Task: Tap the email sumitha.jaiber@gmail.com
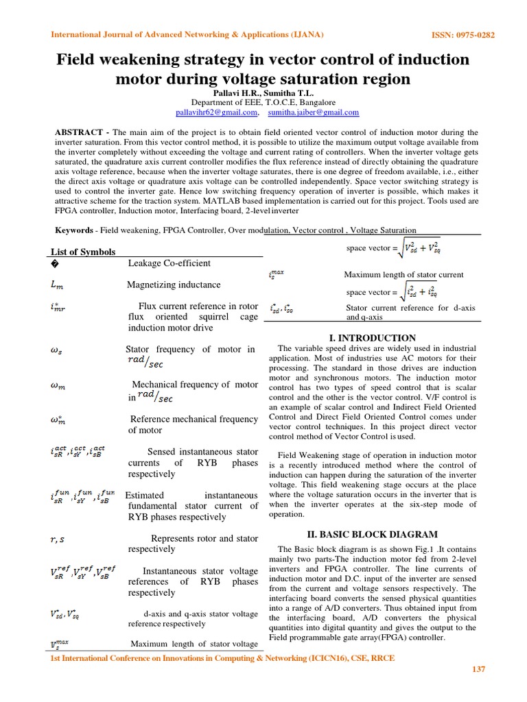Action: click(314, 112)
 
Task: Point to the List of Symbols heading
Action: click(84, 252)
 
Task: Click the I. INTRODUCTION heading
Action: click(373, 338)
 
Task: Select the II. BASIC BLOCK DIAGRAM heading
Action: click(373, 534)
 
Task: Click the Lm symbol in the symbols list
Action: click(58, 285)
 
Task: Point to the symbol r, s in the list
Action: click(58, 540)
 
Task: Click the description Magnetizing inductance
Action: click(174, 285)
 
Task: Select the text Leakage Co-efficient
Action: click(169, 263)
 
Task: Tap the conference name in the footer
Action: click(224, 658)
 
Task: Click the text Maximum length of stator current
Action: click(403, 275)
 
